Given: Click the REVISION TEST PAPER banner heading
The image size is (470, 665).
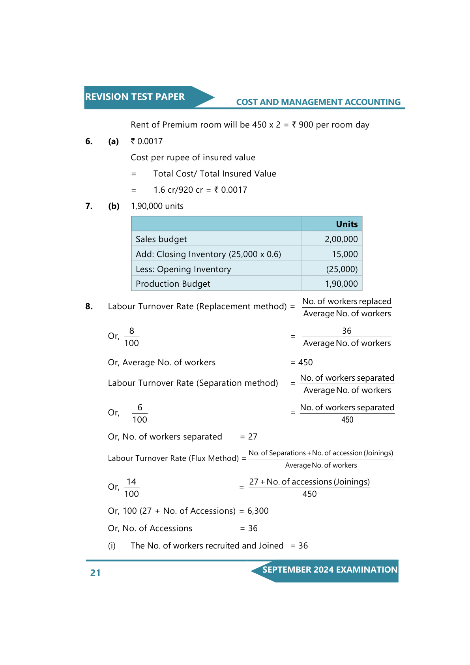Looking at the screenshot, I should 135,97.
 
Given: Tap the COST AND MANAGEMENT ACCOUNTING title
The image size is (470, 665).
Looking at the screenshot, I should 318,102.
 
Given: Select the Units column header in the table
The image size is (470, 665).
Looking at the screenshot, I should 346,224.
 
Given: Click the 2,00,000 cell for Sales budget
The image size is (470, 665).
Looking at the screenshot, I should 341,239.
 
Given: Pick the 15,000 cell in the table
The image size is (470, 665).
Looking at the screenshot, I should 345,254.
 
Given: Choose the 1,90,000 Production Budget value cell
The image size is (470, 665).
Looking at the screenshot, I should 341,284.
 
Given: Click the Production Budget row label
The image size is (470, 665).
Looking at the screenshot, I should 173,284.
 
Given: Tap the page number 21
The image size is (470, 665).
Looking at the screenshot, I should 95,573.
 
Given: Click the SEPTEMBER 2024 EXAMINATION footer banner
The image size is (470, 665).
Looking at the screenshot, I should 330,570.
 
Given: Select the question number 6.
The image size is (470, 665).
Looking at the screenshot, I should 89,141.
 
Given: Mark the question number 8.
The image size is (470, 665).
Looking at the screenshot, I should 89,306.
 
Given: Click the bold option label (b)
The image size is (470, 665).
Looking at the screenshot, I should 114,206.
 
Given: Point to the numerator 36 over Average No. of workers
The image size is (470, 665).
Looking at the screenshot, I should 346,331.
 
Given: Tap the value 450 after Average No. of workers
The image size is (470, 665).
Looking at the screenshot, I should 305,363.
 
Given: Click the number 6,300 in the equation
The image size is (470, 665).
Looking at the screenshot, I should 258,511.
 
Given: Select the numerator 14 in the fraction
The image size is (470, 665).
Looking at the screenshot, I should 131,482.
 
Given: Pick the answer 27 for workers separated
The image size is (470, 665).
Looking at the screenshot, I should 253,437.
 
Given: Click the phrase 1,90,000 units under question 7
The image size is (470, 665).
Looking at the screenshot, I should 157,206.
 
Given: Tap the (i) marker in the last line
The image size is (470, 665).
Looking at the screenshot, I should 112,546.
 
